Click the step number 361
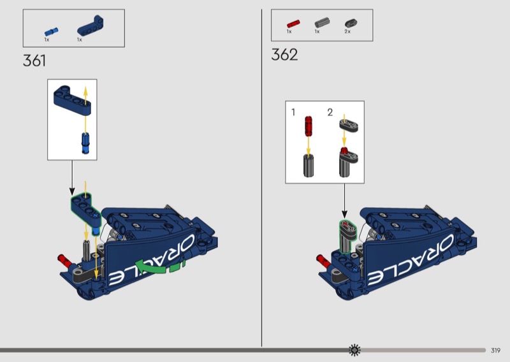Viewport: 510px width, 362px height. pos(34,61)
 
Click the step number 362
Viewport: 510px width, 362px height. pos(284,55)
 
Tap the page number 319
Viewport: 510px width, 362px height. pos(495,351)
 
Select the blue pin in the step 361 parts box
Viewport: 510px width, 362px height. pos(52,32)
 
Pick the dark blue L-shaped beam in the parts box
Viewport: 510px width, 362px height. pos(91,25)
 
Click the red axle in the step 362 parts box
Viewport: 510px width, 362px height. pos(293,24)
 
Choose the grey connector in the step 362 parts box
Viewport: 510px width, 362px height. pos(323,23)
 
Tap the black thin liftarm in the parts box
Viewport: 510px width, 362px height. pos(351,23)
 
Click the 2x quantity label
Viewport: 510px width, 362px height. pos(347,32)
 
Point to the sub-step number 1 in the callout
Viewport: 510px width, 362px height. pos(293,112)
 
